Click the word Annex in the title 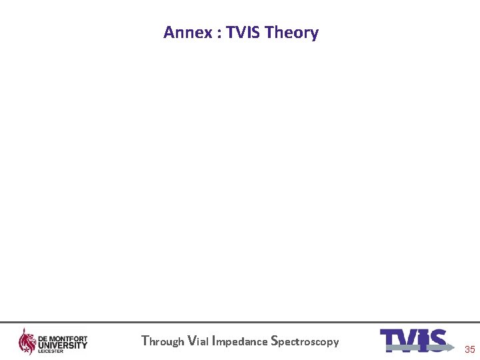(x=187, y=33)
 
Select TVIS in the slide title (x=243, y=33)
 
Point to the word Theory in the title (x=291, y=33)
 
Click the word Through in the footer (x=163, y=341)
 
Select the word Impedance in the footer (x=239, y=341)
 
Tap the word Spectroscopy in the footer (x=305, y=341)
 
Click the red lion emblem (x=27, y=341)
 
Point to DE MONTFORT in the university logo (x=63, y=339)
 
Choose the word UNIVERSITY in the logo (x=63, y=345)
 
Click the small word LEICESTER (x=49, y=351)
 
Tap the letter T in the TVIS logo (x=391, y=341)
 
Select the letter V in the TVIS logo (x=408, y=341)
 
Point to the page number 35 (x=470, y=349)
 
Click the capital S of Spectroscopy (x=275, y=341)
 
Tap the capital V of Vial (x=192, y=341)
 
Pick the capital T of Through (x=145, y=341)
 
